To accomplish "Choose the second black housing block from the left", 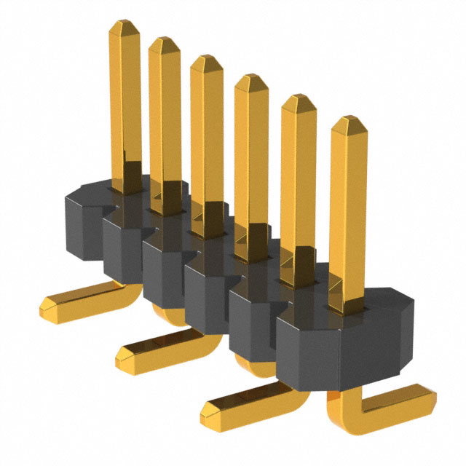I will tap(120, 248).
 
